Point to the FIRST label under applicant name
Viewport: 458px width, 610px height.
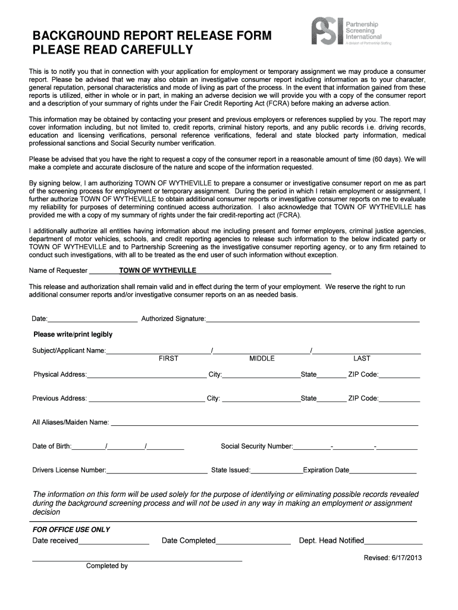tap(168, 359)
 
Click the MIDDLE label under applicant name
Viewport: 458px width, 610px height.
tap(262, 359)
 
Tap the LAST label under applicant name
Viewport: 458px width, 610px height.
tap(362, 359)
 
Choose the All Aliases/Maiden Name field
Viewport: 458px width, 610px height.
tap(264, 423)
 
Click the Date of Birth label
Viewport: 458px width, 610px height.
tap(52, 446)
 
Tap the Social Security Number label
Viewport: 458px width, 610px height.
tap(256, 446)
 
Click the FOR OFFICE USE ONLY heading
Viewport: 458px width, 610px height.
tap(71, 530)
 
